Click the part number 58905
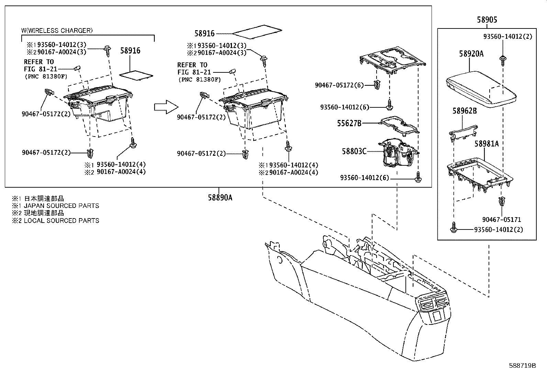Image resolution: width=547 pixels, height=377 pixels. click(487, 20)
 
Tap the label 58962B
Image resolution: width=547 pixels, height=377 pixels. click(465, 111)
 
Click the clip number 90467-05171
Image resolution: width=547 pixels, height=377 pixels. click(501, 220)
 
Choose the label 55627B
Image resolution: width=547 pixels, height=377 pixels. click(349, 123)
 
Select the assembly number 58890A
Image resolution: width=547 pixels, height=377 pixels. click(220, 198)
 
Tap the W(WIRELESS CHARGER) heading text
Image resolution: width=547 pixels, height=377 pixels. click(57, 31)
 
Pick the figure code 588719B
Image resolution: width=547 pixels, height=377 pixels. click(522, 365)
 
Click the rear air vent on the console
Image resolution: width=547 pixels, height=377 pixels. click(434, 302)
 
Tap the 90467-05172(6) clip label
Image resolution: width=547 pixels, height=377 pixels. click(339, 85)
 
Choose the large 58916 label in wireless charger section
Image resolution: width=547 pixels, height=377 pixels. click(130, 51)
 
